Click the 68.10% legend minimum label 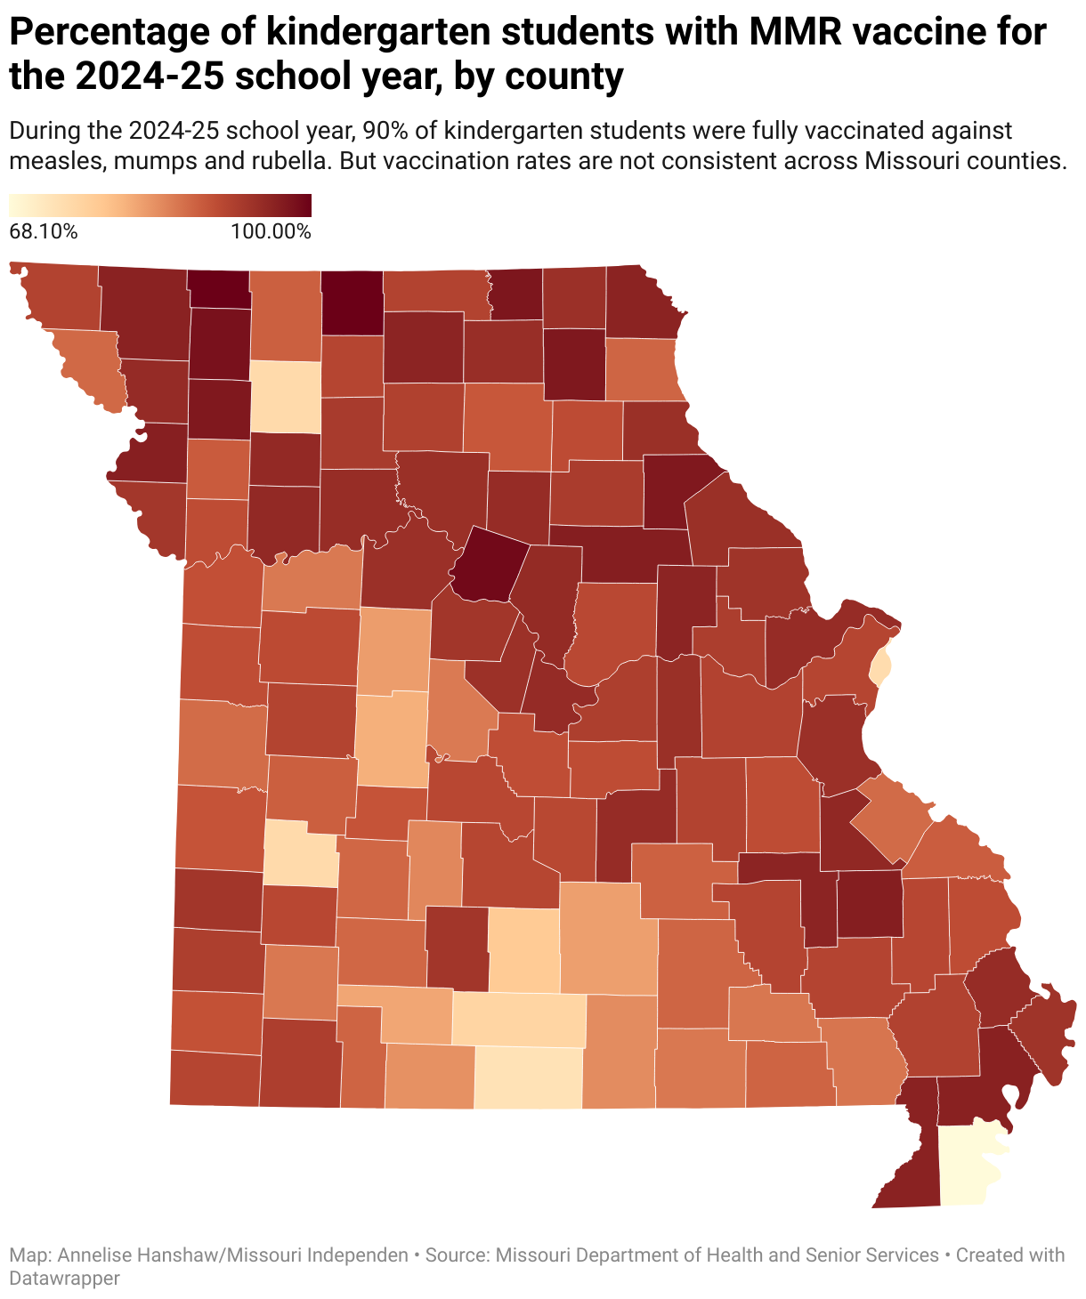[x=44, y=232]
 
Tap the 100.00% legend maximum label [x=271, y=232]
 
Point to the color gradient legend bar [x=160, y=206]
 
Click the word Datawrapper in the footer [x=64, y=1278]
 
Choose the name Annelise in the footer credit [x=96, y=1255]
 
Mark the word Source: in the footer [x=457, y=1255]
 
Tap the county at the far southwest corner [x=215, y=1077]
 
